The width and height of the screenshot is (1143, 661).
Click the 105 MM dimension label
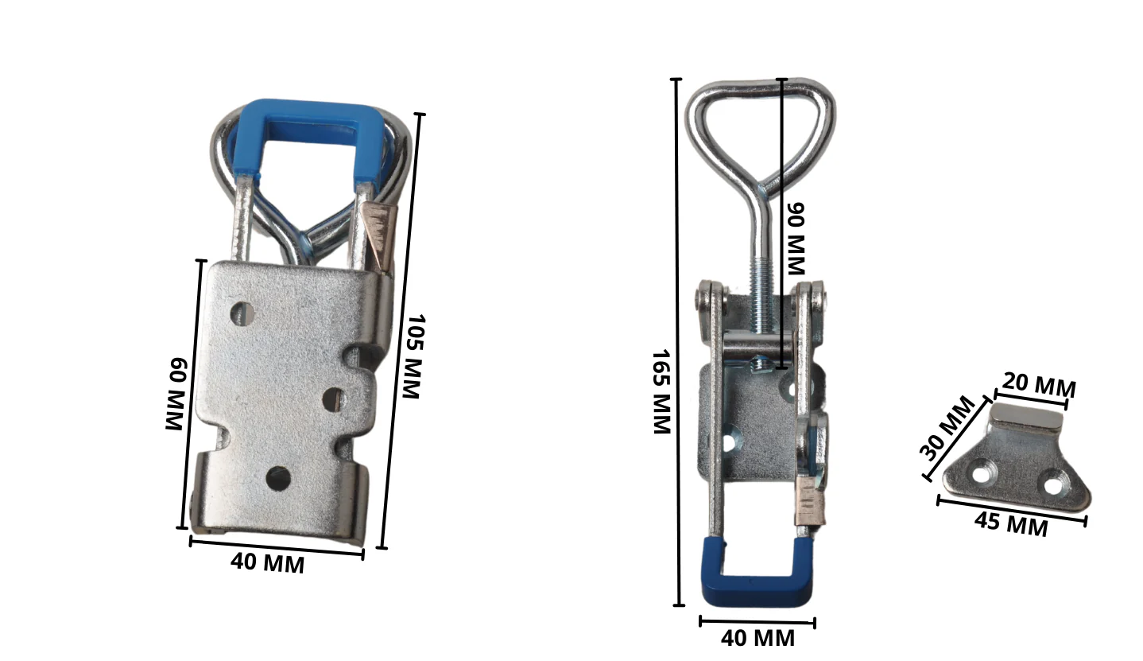pos(413,356)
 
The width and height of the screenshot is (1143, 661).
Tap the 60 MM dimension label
pos(176,394)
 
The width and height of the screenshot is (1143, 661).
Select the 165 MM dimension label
pos(662,392)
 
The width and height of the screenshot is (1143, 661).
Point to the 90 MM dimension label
pos(796,238)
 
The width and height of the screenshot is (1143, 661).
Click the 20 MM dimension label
pos(1039,385)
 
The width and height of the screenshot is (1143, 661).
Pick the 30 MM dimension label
pos(947,428)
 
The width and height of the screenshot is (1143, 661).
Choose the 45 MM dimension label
pos(1011,524)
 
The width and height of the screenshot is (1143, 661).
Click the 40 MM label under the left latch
pos(267,563)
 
